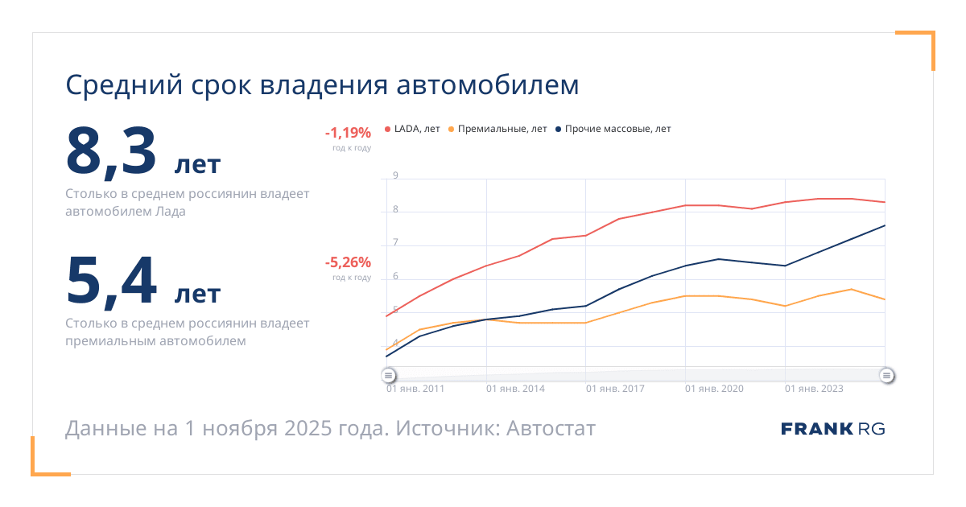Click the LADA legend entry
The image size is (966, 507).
click(x=415, y=129)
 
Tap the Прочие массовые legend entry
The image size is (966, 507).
click(x=616, y=129)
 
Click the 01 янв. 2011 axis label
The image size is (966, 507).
click(x=415, y=389)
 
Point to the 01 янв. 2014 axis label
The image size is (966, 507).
click(x=515, y=389)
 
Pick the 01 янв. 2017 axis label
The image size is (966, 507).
click(x=615, y=389)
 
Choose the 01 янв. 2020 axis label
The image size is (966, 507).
click(x=715, y=389)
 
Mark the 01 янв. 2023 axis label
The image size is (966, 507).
click(x=814, y=389)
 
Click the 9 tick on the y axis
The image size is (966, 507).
click(x=395, y=175)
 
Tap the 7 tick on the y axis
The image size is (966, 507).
click(x=395, y=243)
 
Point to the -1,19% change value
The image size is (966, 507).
click(x=348, y=133)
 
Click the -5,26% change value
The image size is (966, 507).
click(x=348, y=262)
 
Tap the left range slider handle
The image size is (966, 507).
click(x=388, y=375)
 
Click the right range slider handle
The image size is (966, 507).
click(x=886, y=375)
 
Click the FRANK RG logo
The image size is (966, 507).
click(x=832, y=429)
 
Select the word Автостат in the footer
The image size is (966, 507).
click(x=551, y=428)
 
